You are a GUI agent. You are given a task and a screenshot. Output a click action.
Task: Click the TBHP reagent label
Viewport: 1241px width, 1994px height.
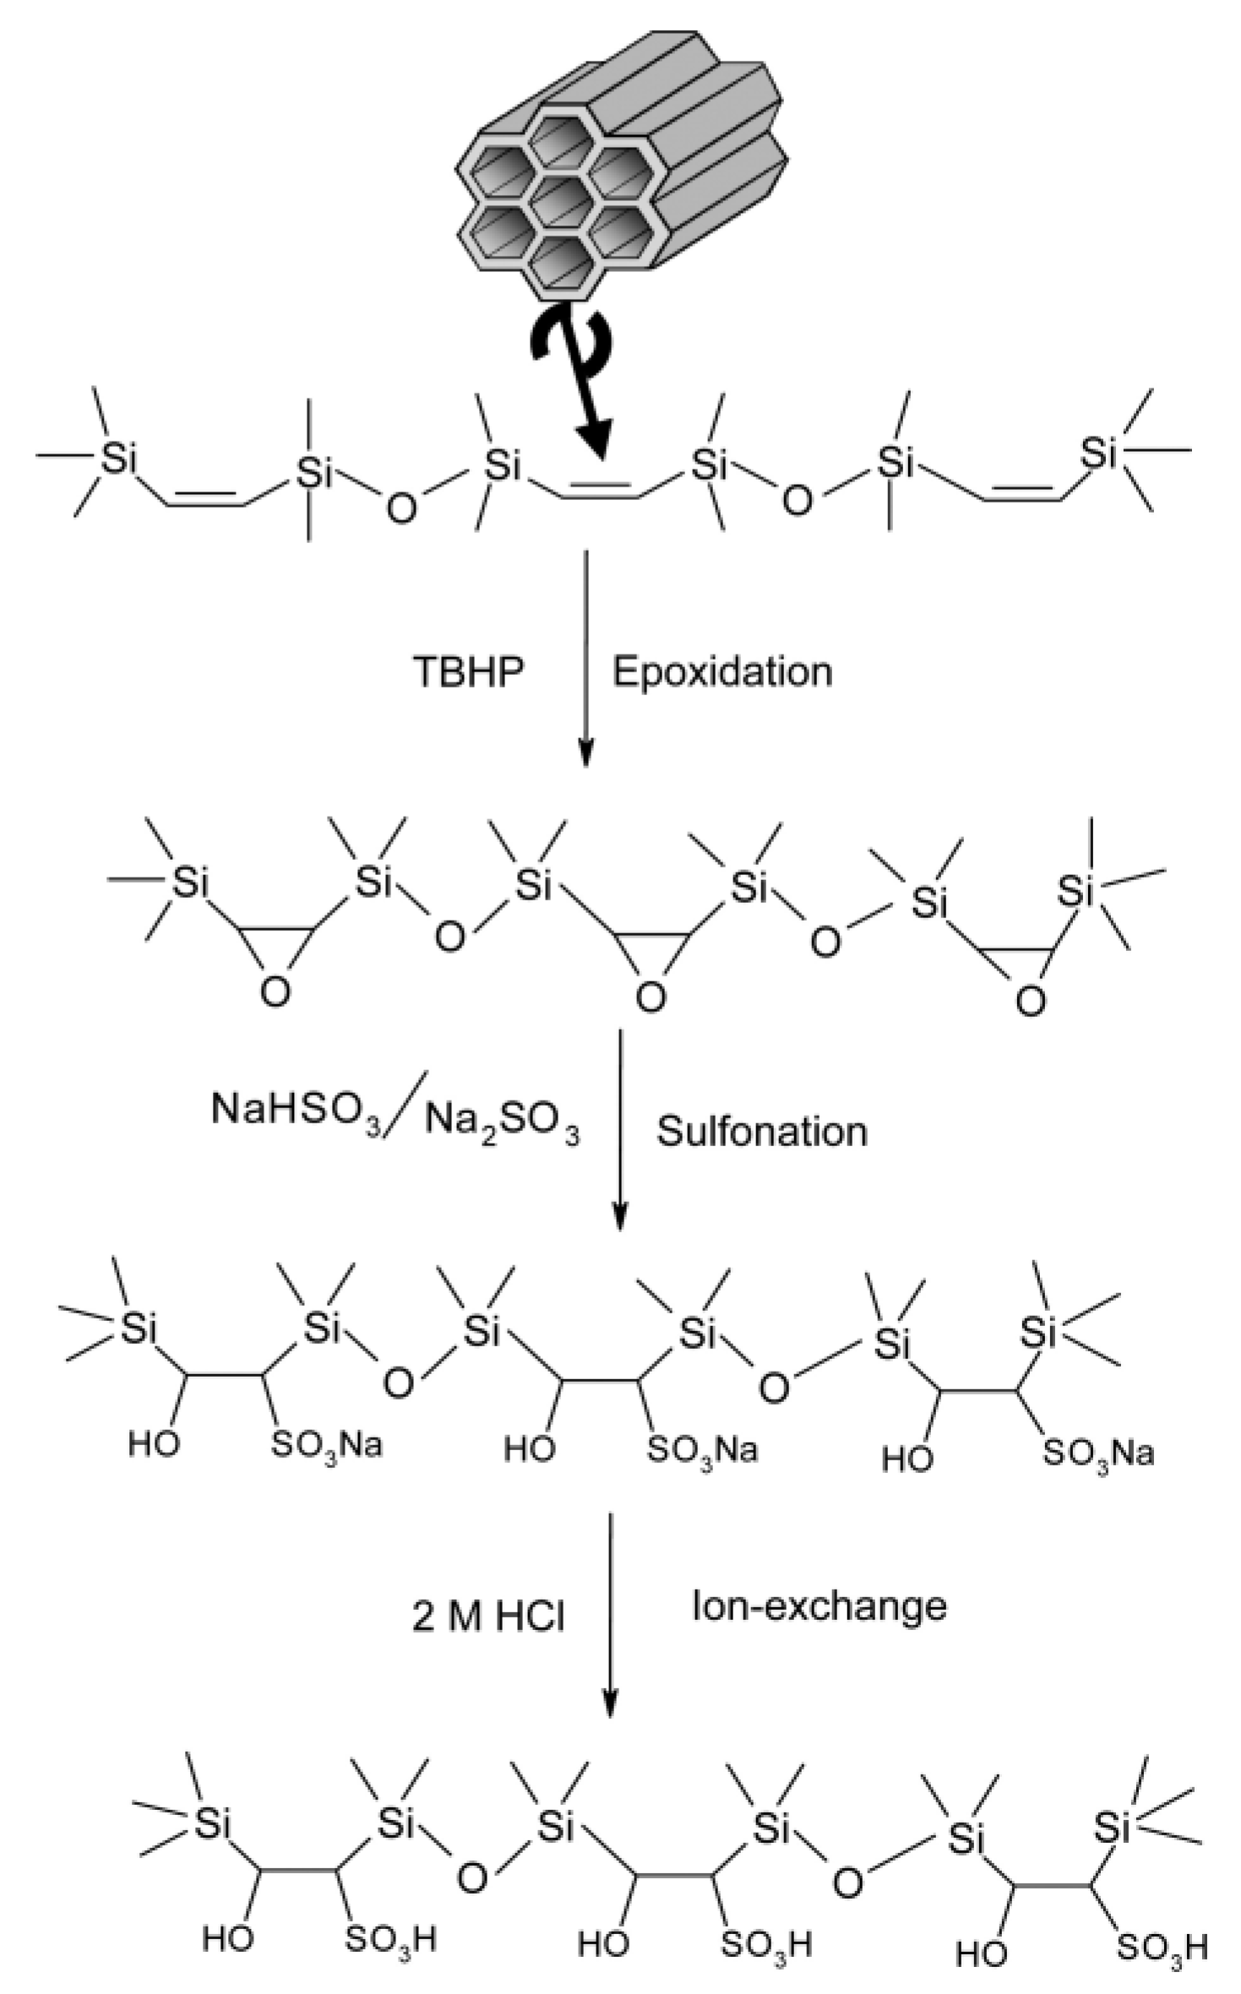468,672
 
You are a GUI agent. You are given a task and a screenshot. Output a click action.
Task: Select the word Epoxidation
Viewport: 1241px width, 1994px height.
722,672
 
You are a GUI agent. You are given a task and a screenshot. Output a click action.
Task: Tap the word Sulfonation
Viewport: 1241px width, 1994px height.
762,1132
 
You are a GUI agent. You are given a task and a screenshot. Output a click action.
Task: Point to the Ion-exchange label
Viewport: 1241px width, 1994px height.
819,1605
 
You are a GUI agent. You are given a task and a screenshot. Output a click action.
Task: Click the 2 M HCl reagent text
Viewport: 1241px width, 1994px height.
488,1616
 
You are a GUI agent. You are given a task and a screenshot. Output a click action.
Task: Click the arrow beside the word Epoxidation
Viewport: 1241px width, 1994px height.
586,659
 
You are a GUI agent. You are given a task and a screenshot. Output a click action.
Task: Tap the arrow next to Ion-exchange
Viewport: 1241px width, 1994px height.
609,1613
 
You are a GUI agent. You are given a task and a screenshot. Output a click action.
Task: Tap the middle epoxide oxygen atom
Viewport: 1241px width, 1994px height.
650,998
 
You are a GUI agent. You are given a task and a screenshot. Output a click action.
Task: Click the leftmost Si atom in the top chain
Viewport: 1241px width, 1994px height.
118,458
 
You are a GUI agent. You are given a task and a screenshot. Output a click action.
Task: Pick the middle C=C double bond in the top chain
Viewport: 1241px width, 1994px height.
599,491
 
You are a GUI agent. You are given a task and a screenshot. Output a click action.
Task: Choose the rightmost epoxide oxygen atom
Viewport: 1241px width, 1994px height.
1030,1002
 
